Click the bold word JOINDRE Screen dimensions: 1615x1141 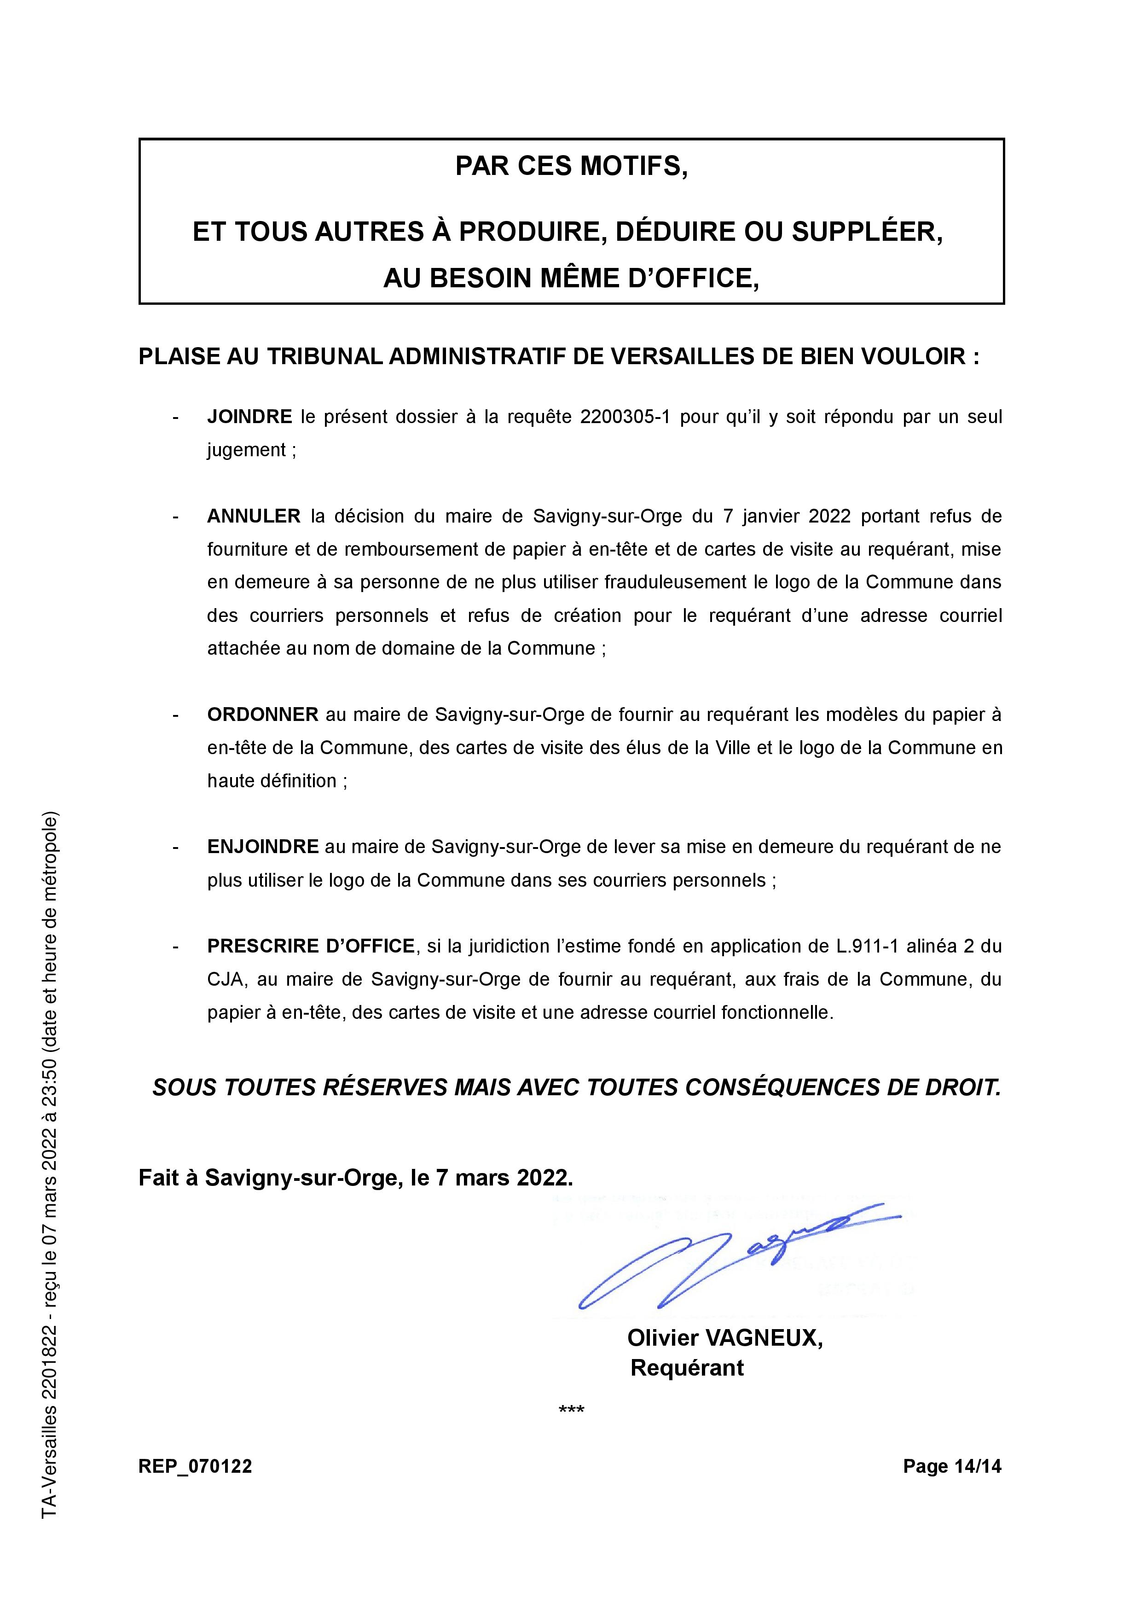click(249, 417)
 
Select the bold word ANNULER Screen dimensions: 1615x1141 click(253, 516)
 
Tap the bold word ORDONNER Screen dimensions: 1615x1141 click(262, 715)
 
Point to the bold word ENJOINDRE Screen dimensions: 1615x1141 click(262, 847)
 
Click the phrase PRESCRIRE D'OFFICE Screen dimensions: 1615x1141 click(311, 946)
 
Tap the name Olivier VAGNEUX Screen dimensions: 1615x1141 click(724, 1338)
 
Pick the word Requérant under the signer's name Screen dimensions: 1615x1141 click(687, 1368)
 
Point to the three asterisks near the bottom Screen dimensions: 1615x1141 click(571, 1410)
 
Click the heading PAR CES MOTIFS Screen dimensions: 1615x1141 click(571, 166)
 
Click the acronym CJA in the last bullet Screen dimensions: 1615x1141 click(224, 980)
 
